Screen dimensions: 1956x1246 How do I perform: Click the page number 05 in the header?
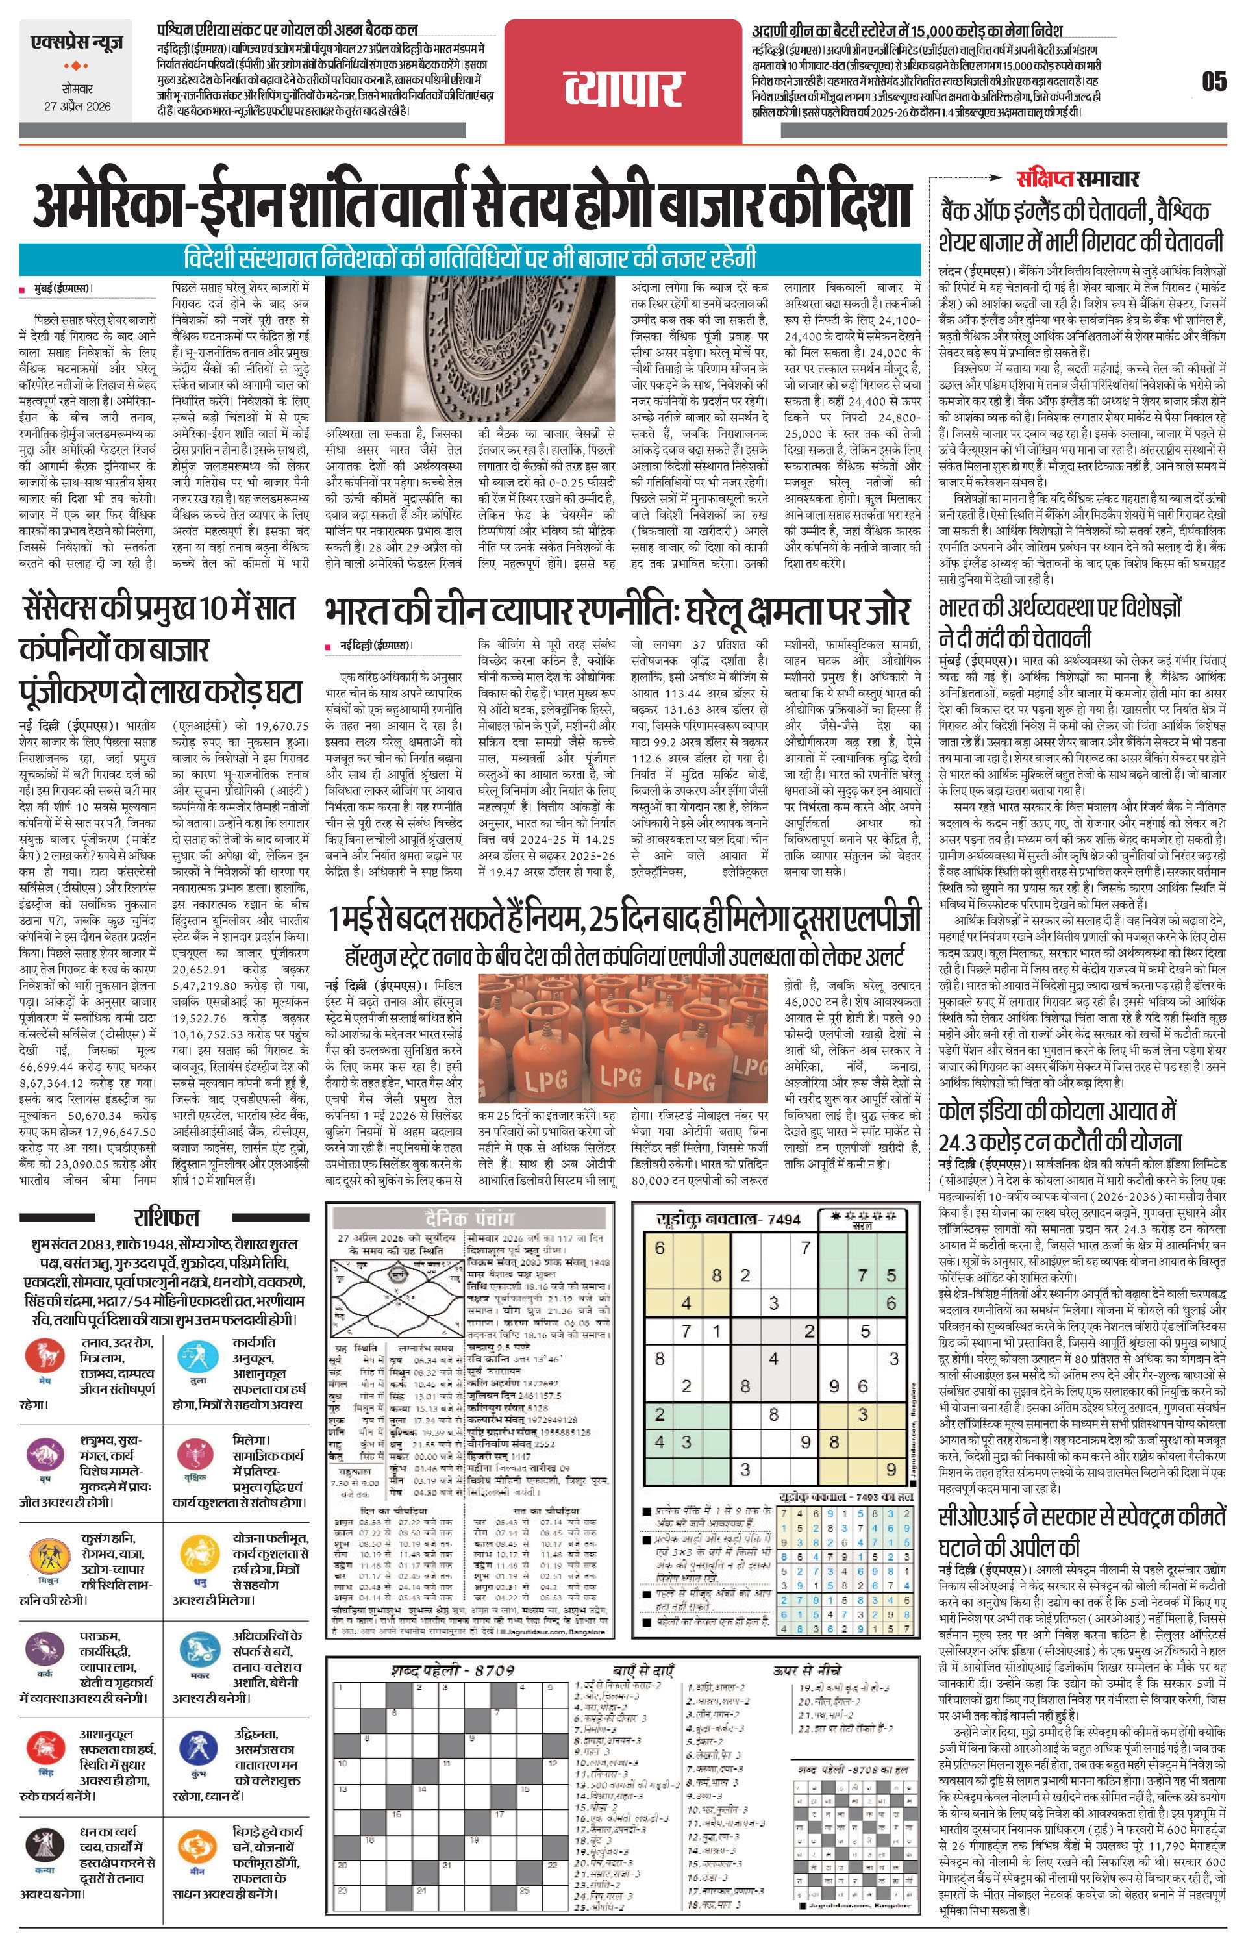pos(1214,82)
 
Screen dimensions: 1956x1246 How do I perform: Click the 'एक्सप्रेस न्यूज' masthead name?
pos(75,42)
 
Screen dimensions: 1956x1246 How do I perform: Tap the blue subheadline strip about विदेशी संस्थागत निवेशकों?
pos(469,258)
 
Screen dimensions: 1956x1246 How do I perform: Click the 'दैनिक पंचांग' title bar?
pos(468,1218)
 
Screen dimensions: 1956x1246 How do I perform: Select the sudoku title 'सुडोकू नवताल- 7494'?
pos(728,1218)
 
